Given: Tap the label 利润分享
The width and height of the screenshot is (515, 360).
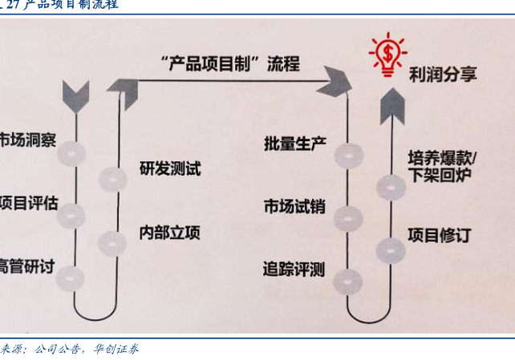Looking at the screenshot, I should pos(442,74).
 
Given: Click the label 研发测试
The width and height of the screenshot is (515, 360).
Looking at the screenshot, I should pos(169,169).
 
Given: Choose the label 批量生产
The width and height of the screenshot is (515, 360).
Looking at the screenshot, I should pos(294,144).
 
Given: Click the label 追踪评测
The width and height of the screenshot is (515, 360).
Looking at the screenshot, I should pos(294,269).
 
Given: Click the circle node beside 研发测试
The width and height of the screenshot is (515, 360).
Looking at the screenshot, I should pos(112,179).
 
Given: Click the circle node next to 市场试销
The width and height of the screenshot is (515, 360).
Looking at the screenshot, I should pos(347,216).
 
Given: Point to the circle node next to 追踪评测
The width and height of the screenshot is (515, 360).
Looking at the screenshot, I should pos(347,278).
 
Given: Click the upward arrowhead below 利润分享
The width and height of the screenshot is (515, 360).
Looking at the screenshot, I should pos(391,101).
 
